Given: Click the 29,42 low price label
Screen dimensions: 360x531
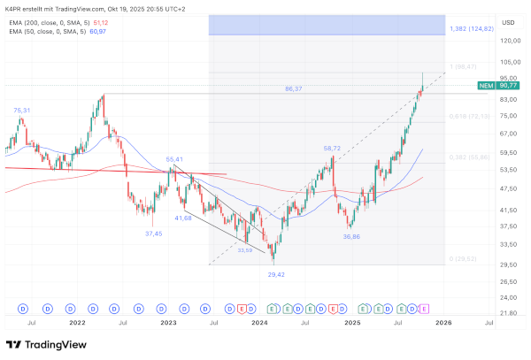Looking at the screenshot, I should point(276,274).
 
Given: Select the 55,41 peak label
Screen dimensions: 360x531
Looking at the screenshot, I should point(174,159).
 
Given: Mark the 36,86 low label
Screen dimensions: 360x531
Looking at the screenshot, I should point(352,237).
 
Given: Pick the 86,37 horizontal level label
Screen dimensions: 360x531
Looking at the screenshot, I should point(294,88).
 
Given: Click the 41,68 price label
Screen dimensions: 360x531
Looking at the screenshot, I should point(183,218).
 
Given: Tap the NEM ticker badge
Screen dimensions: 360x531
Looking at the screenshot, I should point(485,85).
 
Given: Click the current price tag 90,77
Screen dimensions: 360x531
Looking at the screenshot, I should point(508,85).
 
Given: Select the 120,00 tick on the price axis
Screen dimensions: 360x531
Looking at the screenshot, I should point(508,41).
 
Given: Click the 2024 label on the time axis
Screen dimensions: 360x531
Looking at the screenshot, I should point(259,325).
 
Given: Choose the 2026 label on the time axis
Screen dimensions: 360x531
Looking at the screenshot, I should point(443,325).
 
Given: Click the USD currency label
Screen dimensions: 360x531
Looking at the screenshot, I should point(508,23).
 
